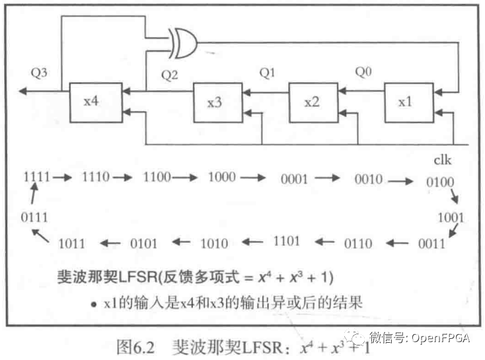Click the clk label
[442, 160]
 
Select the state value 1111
[36, 177]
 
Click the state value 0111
[34, 216]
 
